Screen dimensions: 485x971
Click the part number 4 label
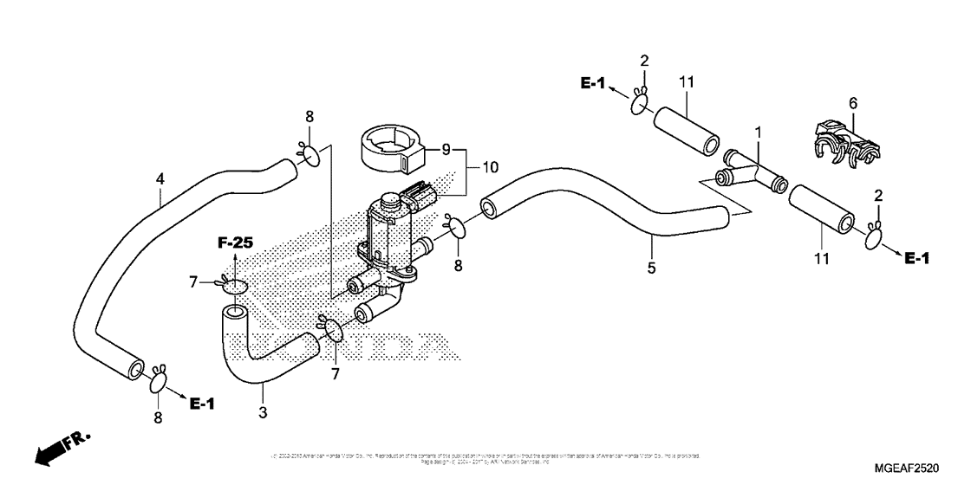pyautogui.click(x=160, y=179)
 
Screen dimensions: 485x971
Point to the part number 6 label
pyautogui.click(x=852, y=103)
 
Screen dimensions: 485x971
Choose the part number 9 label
pyautogui.click(x=446, y=150)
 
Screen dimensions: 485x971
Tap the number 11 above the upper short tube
pyautogui.click(x=687, y=81)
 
